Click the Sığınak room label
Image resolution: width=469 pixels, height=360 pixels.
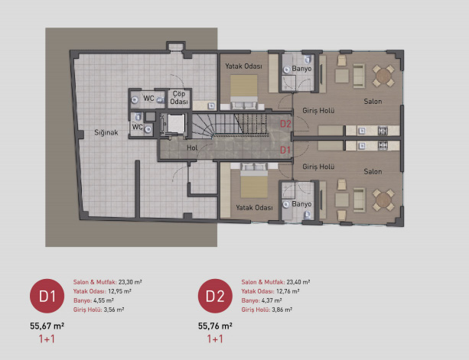pos(106,132)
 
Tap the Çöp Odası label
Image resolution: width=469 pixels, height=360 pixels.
pos(179,98)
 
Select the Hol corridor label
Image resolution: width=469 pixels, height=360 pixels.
pos(192,148)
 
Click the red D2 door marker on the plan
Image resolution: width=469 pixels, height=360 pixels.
pos(285,124)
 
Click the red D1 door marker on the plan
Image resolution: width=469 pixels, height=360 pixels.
pos(285,150)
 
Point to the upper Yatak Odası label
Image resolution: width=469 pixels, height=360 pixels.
pos(243,66)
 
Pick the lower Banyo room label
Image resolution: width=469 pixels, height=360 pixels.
pos(301,204)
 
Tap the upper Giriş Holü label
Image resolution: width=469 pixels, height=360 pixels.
pos(318,111)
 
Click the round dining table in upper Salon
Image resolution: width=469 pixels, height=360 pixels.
pos(383,76)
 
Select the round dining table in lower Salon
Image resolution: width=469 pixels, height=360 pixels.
pos(383,200)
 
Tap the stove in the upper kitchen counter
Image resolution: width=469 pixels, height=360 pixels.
pos(383,131)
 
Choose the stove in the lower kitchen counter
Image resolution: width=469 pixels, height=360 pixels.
pos(383,145)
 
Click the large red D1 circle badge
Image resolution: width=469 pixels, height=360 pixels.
pos(47,296)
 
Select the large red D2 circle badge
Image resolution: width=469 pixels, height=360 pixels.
pos(215,296)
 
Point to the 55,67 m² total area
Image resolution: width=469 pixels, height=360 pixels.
pos(47,326)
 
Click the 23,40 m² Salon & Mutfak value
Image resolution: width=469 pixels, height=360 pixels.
pos(298,282)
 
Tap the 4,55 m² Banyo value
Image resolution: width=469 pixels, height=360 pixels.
pos(103,300)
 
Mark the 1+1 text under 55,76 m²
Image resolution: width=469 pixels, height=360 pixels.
pos(215,339)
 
